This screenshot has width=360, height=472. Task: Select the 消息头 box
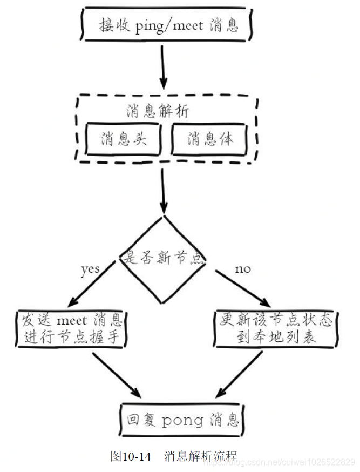(124, 139)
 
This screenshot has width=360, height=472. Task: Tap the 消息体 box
(210, 139)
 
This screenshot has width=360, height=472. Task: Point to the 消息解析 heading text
(158, 111)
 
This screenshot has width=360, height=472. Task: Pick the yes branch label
(90, 268)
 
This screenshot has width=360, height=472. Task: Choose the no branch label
(243, 268)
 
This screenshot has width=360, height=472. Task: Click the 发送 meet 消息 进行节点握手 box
(72, 329)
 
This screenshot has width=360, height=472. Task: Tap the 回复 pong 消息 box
(181, 420)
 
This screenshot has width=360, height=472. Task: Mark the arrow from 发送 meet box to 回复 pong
(116, 376)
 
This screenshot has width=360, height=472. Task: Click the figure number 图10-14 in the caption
(130, 456)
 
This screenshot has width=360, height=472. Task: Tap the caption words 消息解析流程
(200, 456)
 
